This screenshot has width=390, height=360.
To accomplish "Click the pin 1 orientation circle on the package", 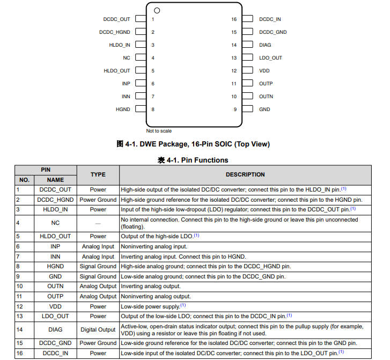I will pos(157,10).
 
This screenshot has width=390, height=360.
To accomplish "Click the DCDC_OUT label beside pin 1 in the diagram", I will pos(116,19).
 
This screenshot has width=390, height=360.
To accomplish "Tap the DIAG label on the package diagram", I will pos(265,45).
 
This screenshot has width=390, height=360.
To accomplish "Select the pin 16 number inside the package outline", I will pos(234,19).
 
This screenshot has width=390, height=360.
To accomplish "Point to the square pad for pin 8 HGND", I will pos(140,109).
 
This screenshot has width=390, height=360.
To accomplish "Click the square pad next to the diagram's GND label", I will pos(247,109).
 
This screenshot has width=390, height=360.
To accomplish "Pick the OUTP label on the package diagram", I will pos(266,84).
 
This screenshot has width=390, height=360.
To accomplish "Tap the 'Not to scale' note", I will pos(159,131).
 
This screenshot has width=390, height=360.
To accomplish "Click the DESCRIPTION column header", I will pos(245,174).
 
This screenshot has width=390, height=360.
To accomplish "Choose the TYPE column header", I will pos(98,174).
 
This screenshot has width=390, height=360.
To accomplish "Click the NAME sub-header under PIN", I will pos(55,180).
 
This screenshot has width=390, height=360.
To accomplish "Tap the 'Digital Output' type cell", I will pos(98,330).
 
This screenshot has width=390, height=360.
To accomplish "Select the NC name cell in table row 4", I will pos(55,223).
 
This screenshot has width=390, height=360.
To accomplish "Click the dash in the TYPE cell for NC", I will pos(98,223).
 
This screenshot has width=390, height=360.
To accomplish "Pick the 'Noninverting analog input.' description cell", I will pos(154,246).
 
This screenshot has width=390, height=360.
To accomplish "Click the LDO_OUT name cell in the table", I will pos(55,317).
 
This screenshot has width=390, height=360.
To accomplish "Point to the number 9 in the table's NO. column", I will pos(18,276).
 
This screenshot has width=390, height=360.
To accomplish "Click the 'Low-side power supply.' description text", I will pos(150,306).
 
